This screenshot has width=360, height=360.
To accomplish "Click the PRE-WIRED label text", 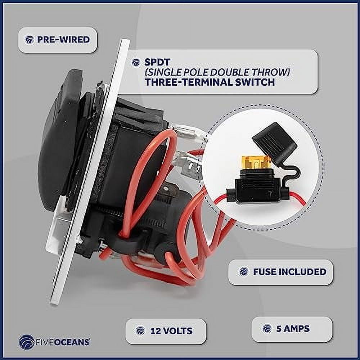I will pyautogui.click(x=63, y=40).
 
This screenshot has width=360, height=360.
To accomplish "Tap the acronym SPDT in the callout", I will pyautogui.click(x=155, y=62).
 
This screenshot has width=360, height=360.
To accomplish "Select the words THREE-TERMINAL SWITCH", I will pyautogui.click(x=210, y=82).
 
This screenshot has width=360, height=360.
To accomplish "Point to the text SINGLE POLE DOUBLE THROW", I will pyautogui.click(x=217, y=72).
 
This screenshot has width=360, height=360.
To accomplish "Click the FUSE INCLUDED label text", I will pyautogui.click(x=289, y=272).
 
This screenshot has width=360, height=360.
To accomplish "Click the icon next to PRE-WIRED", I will pyautogui.click(x=29, y=40).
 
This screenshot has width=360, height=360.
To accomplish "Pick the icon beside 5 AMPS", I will pyautogui.click(x=267, y=329).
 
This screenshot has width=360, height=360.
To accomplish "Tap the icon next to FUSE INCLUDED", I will pyautogui.click(x=244, y=272).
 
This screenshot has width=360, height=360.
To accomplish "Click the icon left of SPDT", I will pyautogui.click(x=136, y=62).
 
